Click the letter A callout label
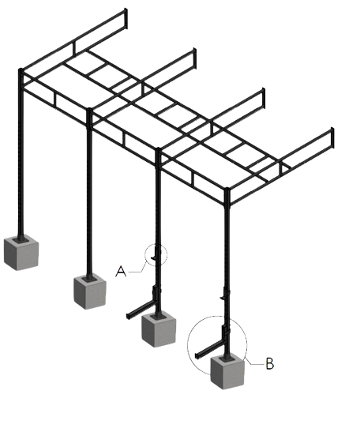click(121, 272)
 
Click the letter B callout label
click(270, 363)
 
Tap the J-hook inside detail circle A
click(155, 254)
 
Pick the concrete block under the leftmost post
click(21, 253)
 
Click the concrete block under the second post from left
click(90, 291)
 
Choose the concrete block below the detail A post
click(159, 330)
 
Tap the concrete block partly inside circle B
click(227, 372)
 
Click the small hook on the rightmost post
click(223, 298)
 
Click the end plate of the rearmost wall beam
click(126, 18)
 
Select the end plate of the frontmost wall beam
click(332, 137)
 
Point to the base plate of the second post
click(89, 279)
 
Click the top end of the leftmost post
click(21, 69)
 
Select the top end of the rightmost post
click(227, 190)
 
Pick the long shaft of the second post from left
click(89, 193)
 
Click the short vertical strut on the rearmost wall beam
click(74, 48)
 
